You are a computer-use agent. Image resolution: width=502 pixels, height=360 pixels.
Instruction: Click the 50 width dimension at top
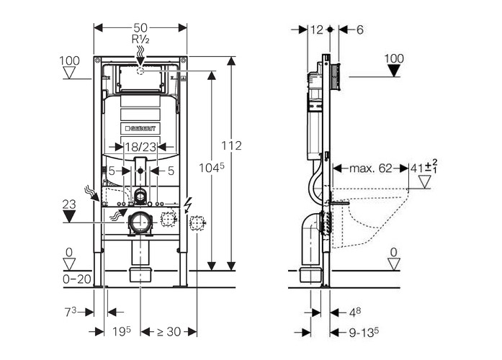[140, 27]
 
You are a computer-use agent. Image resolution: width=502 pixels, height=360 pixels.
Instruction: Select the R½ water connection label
[140, 39]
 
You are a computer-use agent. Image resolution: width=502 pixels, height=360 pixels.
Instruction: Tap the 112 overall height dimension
[231, 145]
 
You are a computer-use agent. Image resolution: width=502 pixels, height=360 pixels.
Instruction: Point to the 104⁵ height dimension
[211, 168]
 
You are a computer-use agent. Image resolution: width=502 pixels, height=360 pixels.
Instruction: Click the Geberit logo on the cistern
[140, 128]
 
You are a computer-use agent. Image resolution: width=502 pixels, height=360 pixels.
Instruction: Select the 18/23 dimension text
[140, 147]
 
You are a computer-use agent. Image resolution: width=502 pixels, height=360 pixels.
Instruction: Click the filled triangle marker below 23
[69, 216]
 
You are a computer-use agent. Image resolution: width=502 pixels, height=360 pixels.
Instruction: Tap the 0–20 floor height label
[77, 279]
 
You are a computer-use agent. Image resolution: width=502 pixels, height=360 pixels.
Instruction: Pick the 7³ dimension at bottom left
[71, 312]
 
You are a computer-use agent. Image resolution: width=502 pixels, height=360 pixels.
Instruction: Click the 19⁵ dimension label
[121, 331]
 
